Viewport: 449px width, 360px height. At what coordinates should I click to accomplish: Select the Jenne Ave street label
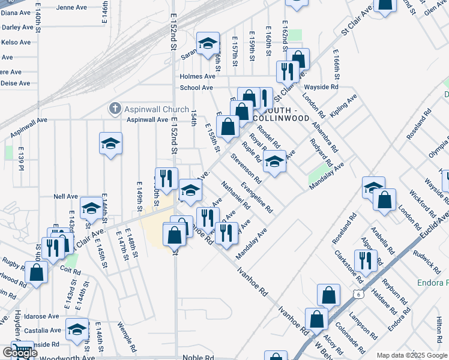(x=71, y=8)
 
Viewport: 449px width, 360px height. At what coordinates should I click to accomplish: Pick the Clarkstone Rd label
(x=349, y=267)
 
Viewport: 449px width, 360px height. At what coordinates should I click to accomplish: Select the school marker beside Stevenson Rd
(x=274, y=161)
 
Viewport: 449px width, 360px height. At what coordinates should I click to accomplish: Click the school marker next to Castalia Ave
(x=76, y=328)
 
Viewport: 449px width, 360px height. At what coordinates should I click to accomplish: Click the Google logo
(x=19, y=353)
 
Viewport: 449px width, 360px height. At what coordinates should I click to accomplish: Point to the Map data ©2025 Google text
(x=411, y=355)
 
